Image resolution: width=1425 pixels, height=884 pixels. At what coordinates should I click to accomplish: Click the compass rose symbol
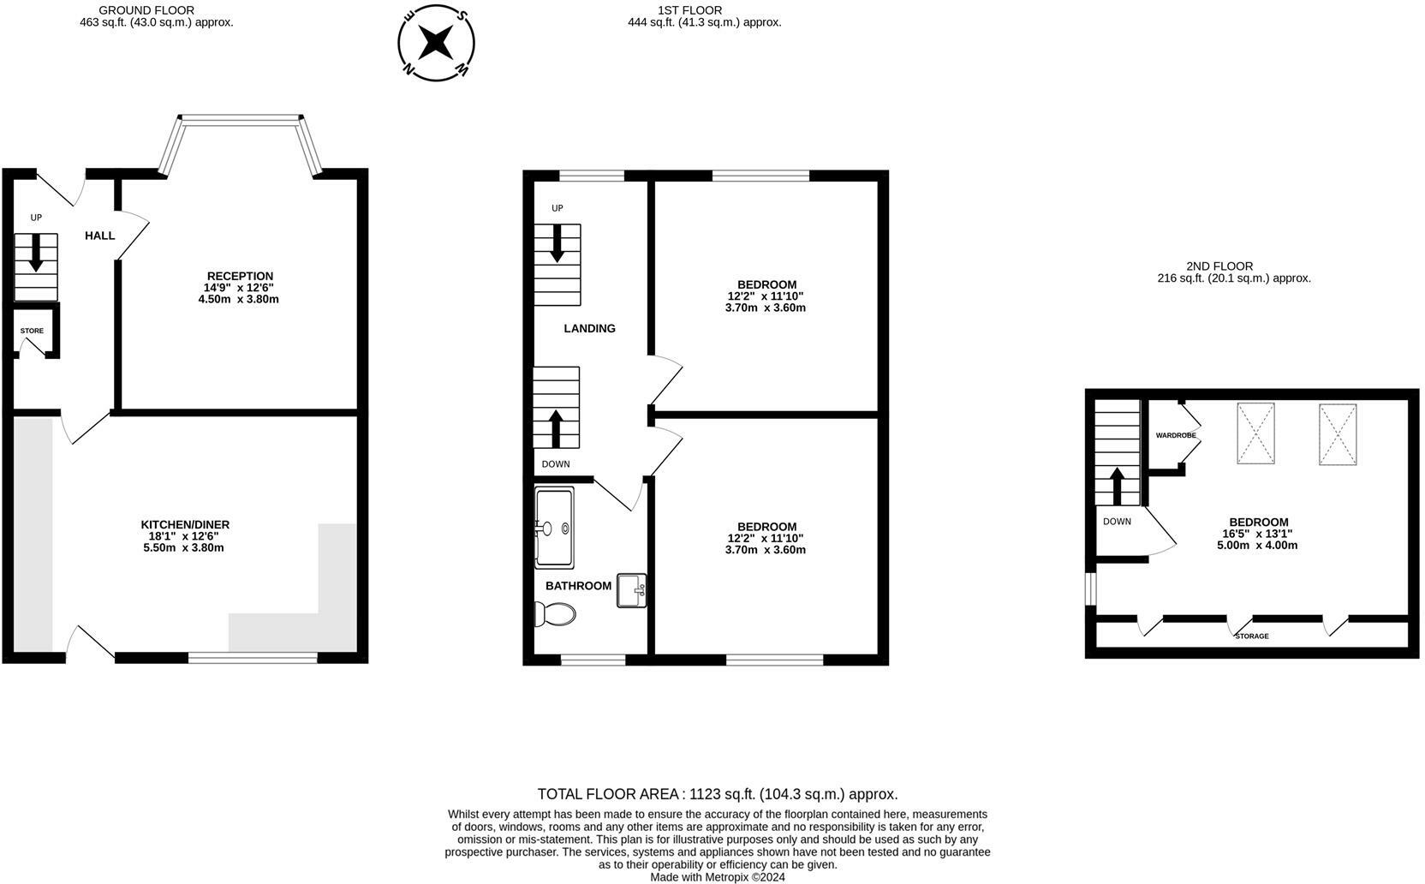click(x=437, y=44)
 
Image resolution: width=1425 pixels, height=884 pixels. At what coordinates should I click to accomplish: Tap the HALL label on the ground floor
click(x=100, y=236)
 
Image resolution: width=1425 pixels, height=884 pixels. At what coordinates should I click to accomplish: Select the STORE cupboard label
click(x=32, y=331)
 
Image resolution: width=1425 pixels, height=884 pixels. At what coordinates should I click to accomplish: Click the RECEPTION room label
click(x=240, y=276)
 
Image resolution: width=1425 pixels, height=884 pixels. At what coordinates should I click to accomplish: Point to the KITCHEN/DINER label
click(x=185, y=525)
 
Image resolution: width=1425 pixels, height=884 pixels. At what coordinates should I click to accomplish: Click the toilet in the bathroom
click(x=556, y=614)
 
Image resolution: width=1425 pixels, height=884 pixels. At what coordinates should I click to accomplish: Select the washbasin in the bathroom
click(x=632, y=590)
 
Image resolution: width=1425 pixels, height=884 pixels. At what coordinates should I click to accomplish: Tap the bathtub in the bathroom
click(x=555, y=528)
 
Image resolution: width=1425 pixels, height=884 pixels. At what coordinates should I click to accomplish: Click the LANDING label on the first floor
click(x=590, y=328)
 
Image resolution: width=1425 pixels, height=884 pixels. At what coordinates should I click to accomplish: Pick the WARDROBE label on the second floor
click(x=1176, y=435)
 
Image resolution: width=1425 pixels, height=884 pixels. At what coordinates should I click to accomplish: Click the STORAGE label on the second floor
click(x=1252, y=636)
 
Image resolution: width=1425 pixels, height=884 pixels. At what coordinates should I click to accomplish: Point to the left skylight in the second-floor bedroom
click(x=1255, y=433)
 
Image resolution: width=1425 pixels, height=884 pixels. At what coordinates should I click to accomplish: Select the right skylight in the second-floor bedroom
click(x=1338, y=434)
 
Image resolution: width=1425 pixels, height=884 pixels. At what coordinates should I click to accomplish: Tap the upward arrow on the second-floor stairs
click(x=1117, y=487)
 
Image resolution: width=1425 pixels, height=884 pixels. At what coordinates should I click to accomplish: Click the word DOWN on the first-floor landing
click(x=556, y=464)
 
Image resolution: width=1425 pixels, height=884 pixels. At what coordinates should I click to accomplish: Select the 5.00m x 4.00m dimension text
click(x=1258, y=546)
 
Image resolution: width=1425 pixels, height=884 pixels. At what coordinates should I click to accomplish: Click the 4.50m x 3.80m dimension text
click(x=239, y=299)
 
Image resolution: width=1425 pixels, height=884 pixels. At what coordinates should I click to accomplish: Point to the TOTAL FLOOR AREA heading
click(x=718, y=794)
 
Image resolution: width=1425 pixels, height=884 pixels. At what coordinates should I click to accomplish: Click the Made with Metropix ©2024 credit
click(x=718, y=877)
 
